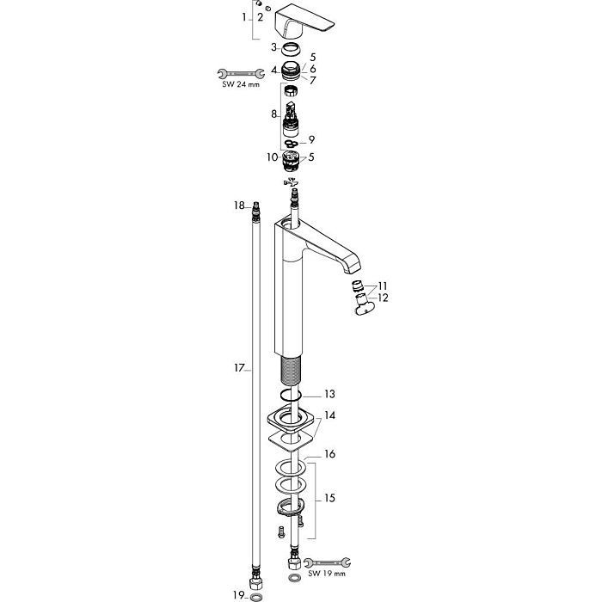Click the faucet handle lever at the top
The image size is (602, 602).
point(304,21)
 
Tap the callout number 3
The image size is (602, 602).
point(273,47)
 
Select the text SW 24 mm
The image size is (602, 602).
point(241,84)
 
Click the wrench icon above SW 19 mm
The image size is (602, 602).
point(327,562)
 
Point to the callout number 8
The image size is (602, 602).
point(273,114)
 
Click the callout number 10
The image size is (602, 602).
point(273,157)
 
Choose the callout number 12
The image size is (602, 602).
point(384,298)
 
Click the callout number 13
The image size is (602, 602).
point(329,394)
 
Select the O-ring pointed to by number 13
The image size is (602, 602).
point(291,394)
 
